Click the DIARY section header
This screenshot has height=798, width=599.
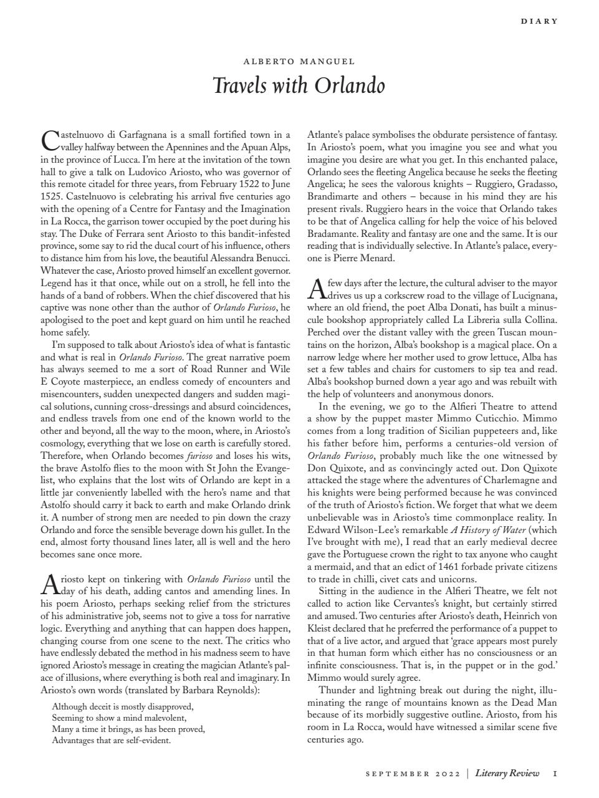pos(539,21)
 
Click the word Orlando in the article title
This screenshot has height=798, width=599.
pos(350,85)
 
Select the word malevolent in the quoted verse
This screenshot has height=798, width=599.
pos(164,718)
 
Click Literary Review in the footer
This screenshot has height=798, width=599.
pos(507,774)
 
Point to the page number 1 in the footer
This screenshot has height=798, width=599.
pos(555,774)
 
